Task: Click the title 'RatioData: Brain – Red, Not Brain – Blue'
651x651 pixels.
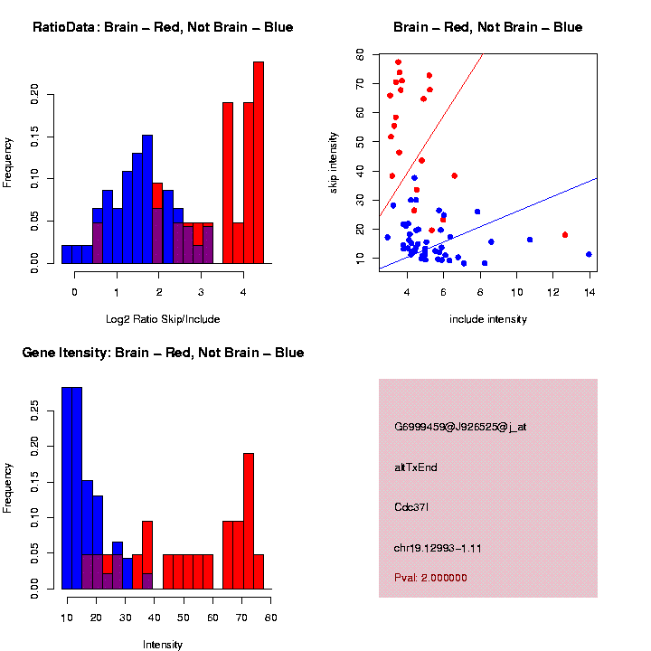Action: coord(163,27)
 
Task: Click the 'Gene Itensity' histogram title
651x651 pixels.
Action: coord(163,353)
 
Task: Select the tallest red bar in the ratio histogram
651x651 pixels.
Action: coord(259,163)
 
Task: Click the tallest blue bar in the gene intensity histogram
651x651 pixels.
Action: coord(71,488)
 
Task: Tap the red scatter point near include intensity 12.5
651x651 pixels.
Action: coord(565,235)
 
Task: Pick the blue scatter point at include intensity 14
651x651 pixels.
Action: coord(589,255)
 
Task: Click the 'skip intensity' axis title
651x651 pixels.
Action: coord(334,161)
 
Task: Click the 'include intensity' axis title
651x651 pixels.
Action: coord(488,319)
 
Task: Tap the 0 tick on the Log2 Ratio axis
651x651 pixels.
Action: coord(74,290)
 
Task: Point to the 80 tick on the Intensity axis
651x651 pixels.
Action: coord(271,617)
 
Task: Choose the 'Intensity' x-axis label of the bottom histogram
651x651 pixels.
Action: coord(163,645)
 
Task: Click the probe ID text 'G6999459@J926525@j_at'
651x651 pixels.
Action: coord(460,427)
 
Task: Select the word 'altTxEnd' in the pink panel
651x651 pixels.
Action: coord(416,467)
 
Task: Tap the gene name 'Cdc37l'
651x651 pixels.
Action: coord(411,508)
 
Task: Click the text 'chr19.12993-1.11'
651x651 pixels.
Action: coord(438,549)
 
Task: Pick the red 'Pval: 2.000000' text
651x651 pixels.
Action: coord(430,577)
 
